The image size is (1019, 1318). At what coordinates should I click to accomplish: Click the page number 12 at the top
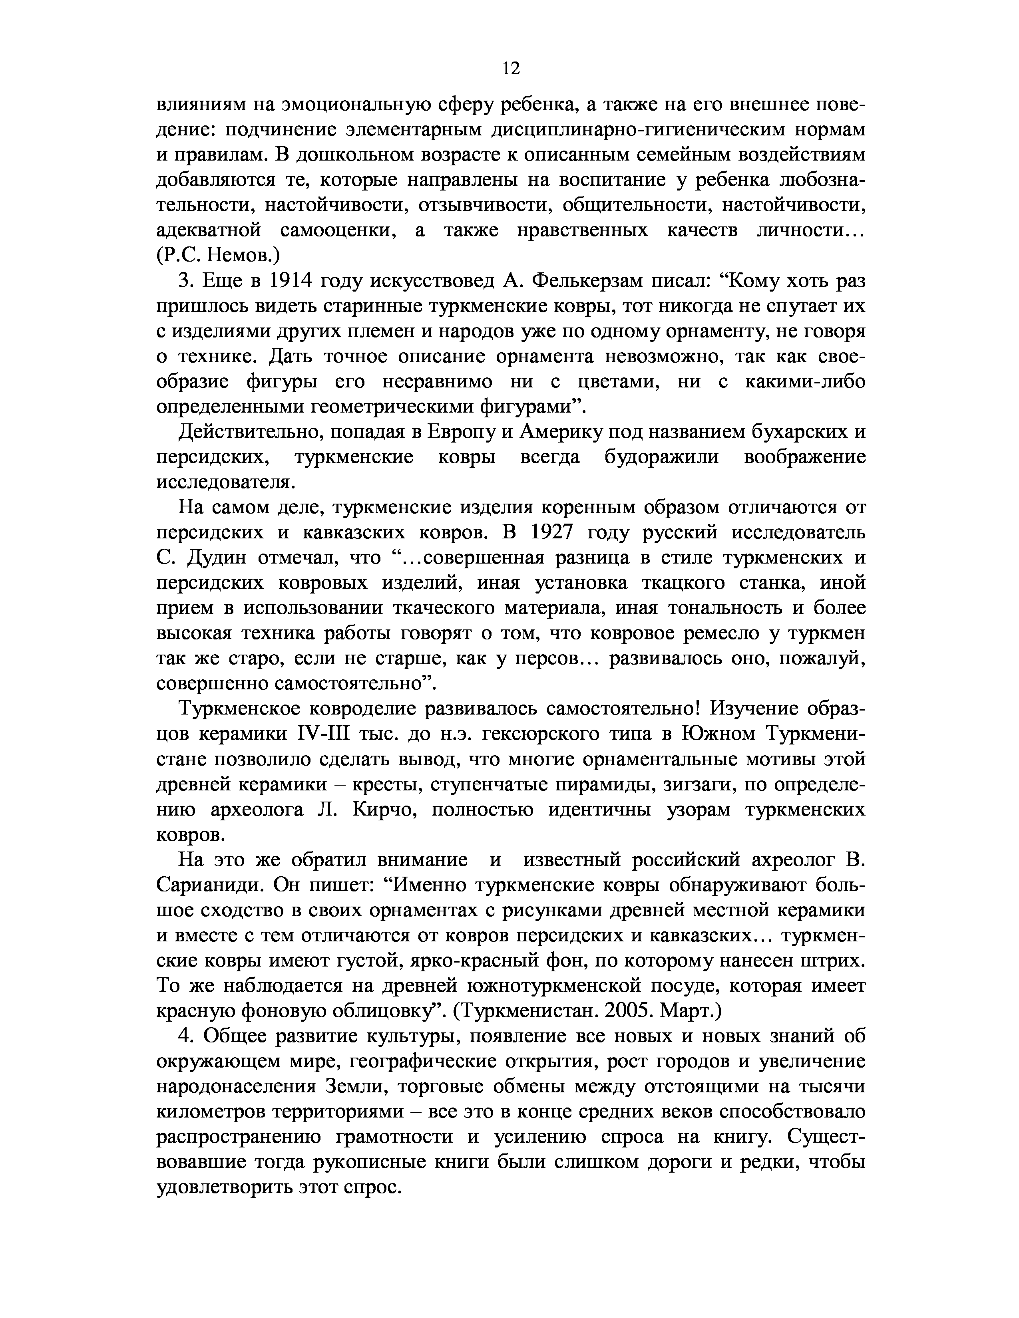pyautogui.click(x=510, y=69)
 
